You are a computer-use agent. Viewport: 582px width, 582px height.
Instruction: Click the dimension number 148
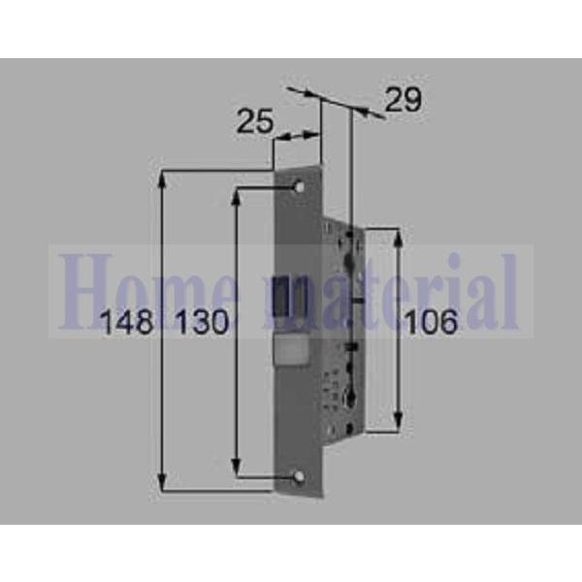tap(128, 323)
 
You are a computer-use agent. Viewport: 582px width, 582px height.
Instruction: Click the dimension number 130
tap(202, 323)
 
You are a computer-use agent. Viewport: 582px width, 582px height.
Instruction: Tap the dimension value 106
tap(430, 323)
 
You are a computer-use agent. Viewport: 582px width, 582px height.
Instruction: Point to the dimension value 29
tap(403, 100)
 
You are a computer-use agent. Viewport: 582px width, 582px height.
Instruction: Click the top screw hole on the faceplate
tap(298, 185)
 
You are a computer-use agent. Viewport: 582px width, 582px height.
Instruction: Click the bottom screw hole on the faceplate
tap(298, 477)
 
